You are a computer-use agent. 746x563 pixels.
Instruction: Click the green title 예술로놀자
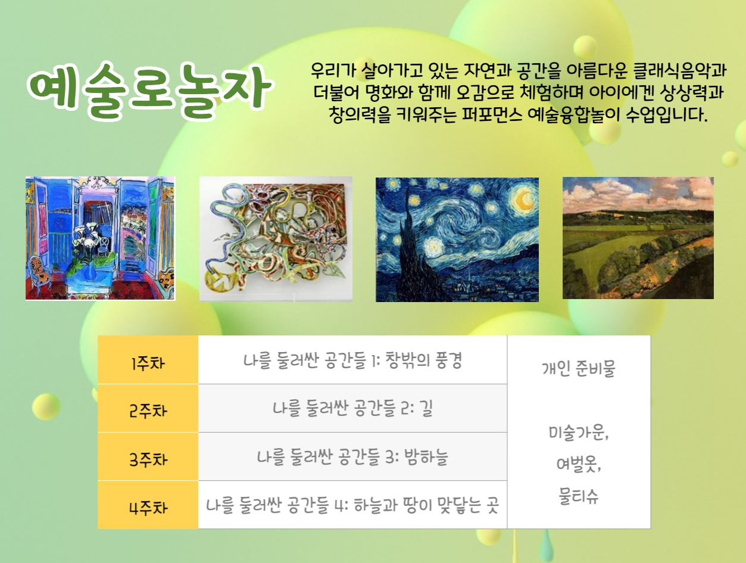pyautogui.click(x=149, y=91)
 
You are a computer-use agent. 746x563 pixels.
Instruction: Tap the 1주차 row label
pyautogui.click(x=148, y=363)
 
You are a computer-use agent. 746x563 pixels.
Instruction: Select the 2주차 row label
pyautogui.click(x=148, y=410)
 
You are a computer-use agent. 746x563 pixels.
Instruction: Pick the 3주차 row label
pyautogui.click(x=148, y=459)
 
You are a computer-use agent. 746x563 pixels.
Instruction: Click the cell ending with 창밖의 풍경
pyautogui.click(x=352, y=360)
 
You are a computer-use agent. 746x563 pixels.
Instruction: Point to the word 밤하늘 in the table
pyautogui.click(x=426, y=456)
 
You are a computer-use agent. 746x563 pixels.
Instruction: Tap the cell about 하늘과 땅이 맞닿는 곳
pyautogui.click(x=352, y=505)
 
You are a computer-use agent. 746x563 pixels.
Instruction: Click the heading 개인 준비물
pyautogui.click(x=579, y=369)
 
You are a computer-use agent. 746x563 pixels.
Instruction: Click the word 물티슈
pyautogui.click(x=579, y=496)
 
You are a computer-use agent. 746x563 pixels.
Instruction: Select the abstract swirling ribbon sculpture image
pyautogui.click(x=276, y=239)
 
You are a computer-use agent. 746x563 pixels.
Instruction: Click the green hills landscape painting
pyautogui.click(x=638, y=238)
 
